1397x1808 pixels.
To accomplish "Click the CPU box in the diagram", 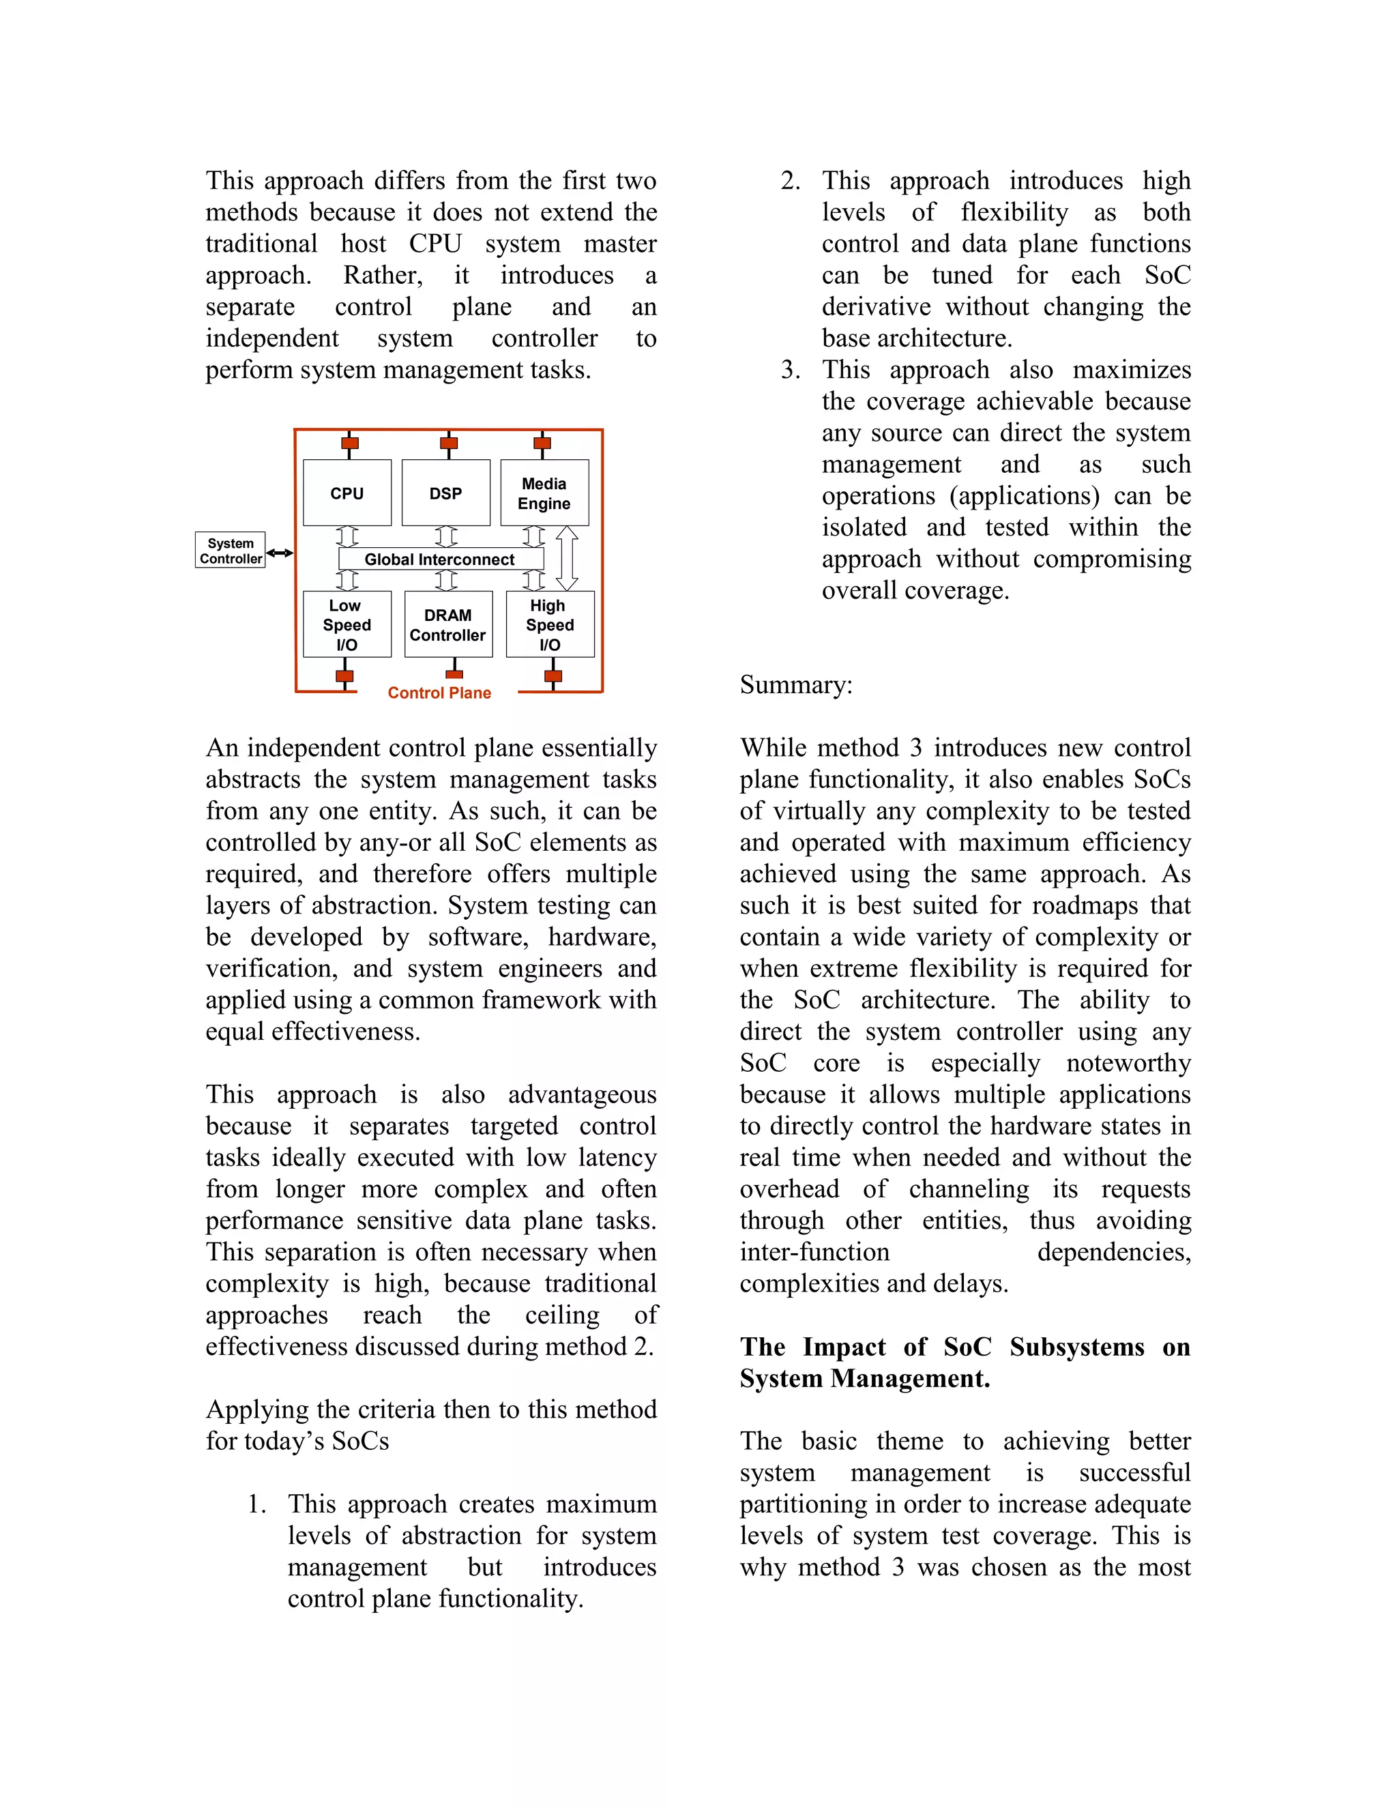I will click(347, 493).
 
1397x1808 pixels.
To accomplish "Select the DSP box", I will click(445, 493).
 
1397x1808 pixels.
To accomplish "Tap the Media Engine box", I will click(544, 493).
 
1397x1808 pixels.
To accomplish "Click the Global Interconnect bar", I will click(440, 559).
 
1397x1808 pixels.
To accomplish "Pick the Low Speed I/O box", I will click(347, 624).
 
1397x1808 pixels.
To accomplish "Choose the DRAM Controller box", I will click(447, 624).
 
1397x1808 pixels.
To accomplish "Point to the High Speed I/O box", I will click(550, 624).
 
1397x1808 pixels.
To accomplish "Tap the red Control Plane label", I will click(439, 693).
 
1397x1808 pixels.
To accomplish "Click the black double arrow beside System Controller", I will click(280, 553).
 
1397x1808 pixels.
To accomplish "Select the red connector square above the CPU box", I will click(350, 443).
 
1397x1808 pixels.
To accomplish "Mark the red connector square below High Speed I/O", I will click(553, 676).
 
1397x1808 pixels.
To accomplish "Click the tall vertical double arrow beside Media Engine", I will click(567, 559).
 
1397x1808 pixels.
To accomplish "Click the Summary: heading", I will click(795, 684).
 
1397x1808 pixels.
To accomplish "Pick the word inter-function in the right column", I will click(814, 1252).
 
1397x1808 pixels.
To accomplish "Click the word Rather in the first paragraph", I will click(383, 275).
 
